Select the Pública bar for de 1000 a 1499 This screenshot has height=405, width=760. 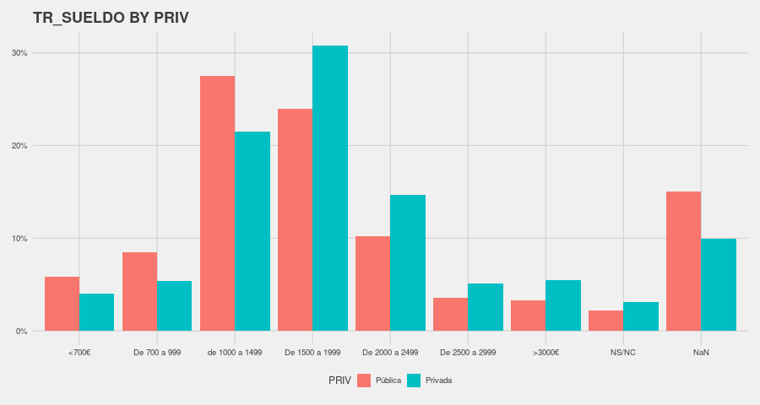pyautogui.click(x=217, y=203)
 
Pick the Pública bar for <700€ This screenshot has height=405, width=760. pyautogui.click(x=62, y=304)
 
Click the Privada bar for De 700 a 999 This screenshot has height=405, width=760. pyautogui.click(x=175, y=305)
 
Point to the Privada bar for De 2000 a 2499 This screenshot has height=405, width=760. pyautogui.click(x=408, y=262)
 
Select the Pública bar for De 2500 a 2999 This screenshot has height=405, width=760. pyautogui.click(x=450, y=314)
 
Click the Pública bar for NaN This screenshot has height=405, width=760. pyautogui.click(x=683, y=261)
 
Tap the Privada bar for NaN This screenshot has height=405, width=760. pyautogui.click(x=719, y=284)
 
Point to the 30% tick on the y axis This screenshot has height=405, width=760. pyautogui.click(x=19, y=53)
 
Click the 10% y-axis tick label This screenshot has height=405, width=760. pyautogui.click(x=19, y=239)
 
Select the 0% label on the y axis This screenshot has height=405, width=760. pyautogui.click(x=21, y=332)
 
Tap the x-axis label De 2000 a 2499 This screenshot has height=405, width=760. pyautogui.click(x=390, y=352)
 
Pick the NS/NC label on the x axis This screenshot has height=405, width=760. pyautogui.click(x=623, y=352)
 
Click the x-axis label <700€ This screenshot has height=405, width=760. pyautogui.click(x=79, y=352)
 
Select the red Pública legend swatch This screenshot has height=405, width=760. pyautogui.click(x=364, y=381)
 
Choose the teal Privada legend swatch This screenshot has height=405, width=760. pyautogui.click(x=414, y=381)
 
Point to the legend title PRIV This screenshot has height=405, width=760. pyautogui.click(x=339, y=381)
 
